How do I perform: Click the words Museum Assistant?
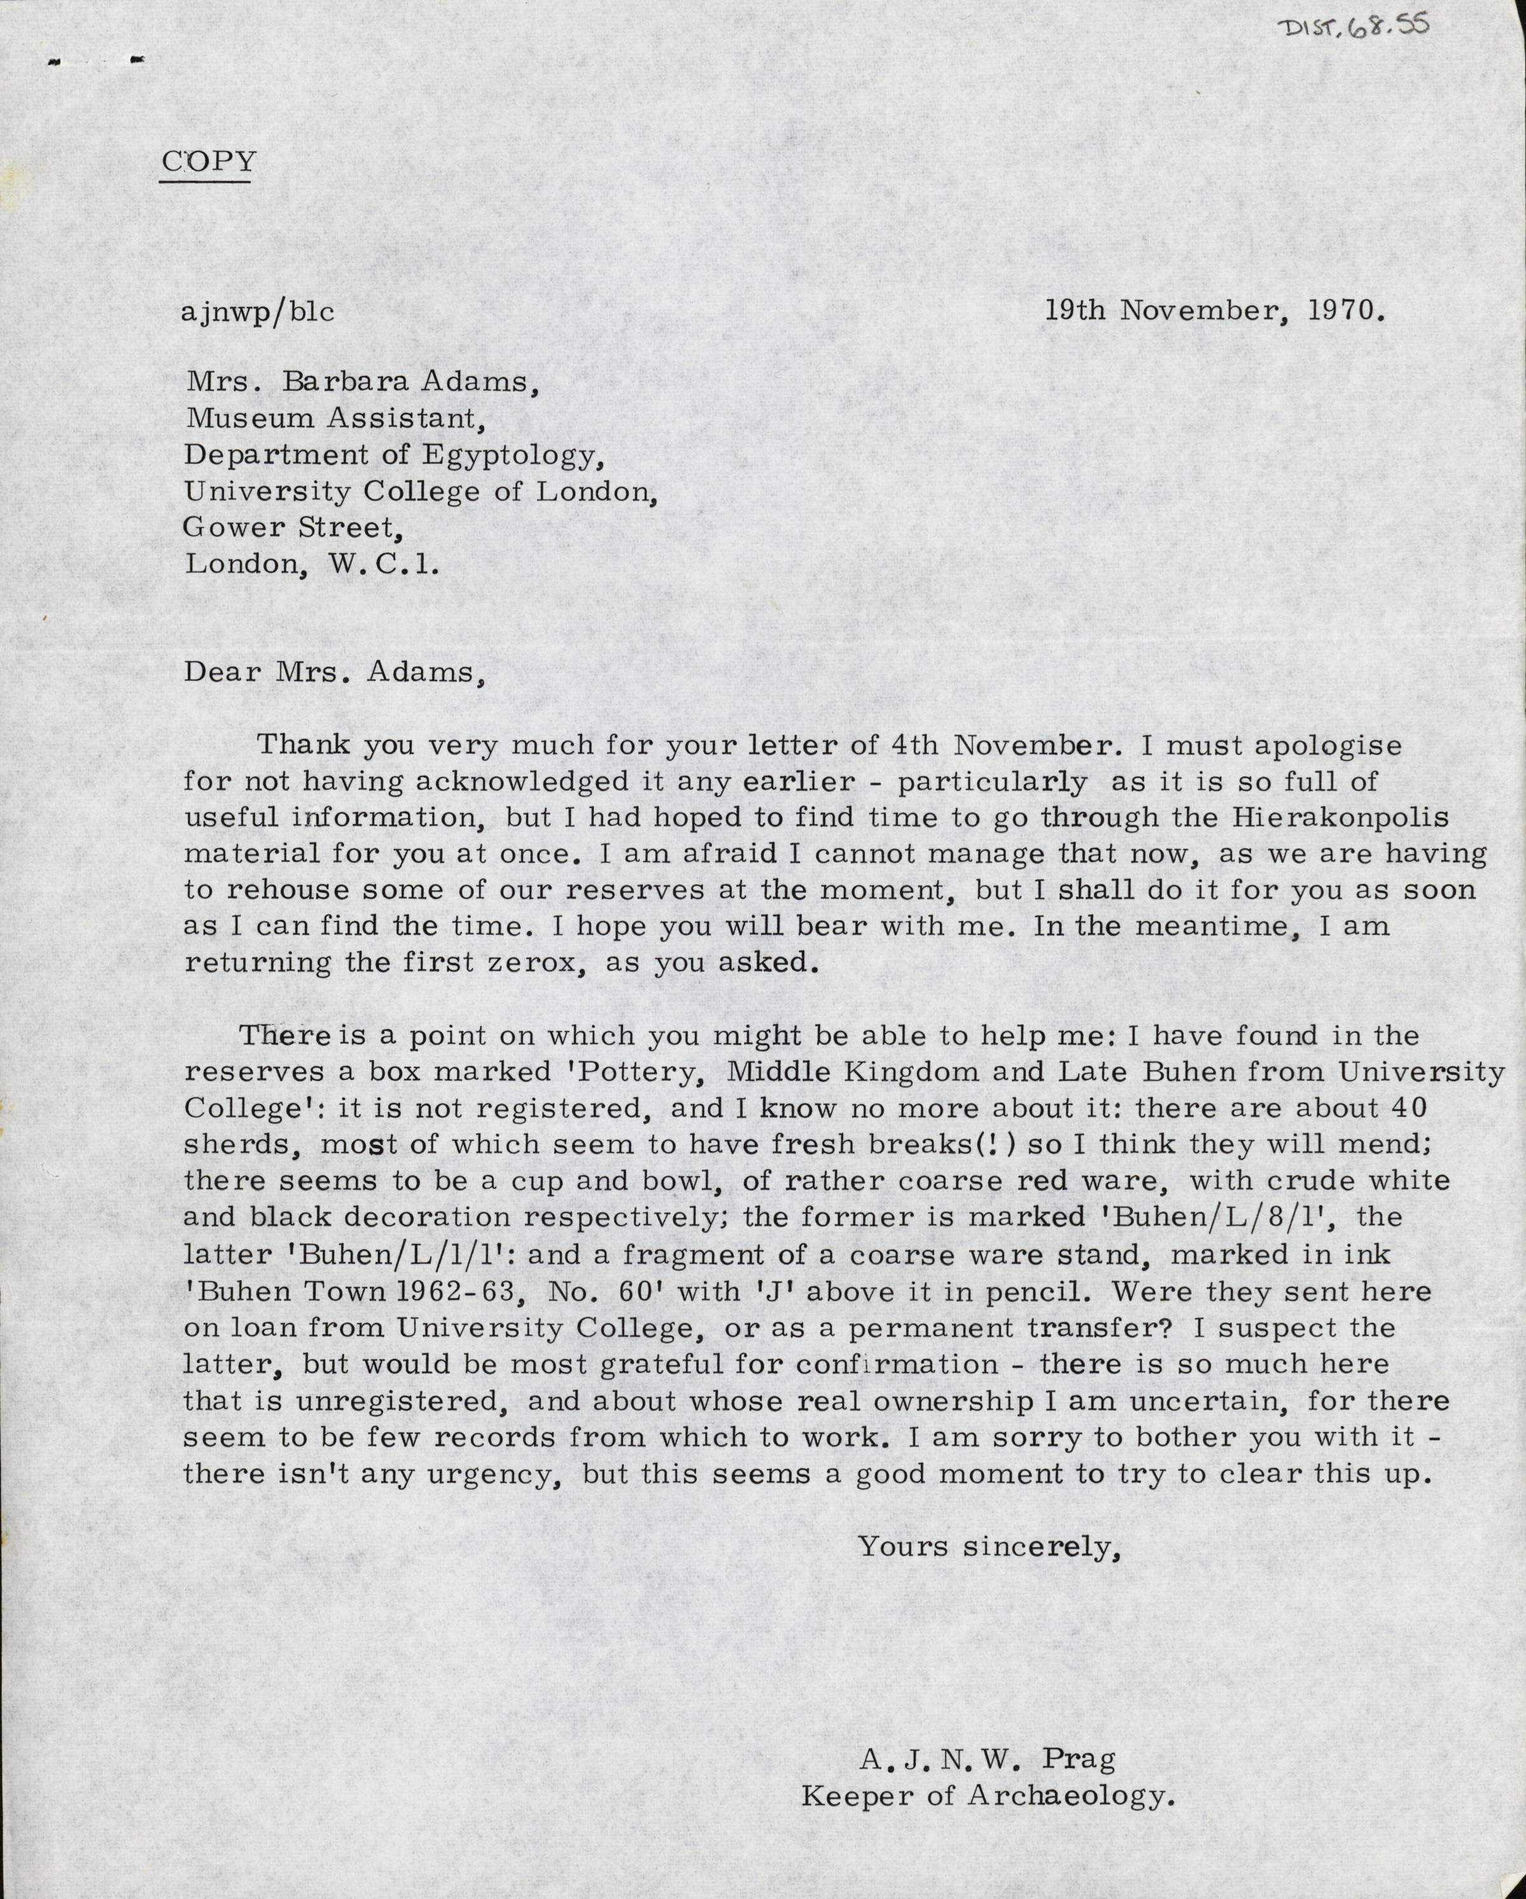pos(335,419)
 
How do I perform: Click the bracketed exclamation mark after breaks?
pos(987,1145)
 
